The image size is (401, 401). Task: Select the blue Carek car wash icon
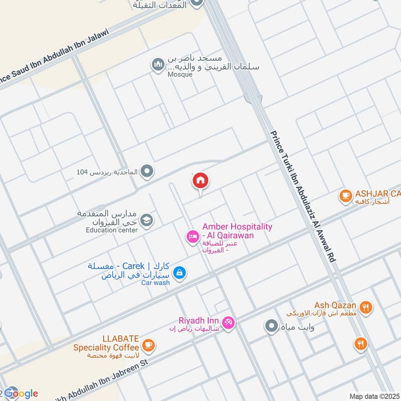point(179,273)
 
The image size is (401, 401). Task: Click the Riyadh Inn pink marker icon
point(228,323)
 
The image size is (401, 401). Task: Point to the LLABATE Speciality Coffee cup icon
point(148,345)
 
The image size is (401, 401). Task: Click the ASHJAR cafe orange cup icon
point(345,195)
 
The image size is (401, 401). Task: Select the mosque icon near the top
point(158,65)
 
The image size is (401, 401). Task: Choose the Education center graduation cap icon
point(147,220)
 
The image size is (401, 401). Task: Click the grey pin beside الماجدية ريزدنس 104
point(147,172)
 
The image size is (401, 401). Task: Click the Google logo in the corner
point(21,393)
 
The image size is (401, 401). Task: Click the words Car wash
point(155,283)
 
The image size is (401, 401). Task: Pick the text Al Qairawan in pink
point(232,236)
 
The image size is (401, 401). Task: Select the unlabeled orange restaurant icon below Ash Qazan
point(360,344)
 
